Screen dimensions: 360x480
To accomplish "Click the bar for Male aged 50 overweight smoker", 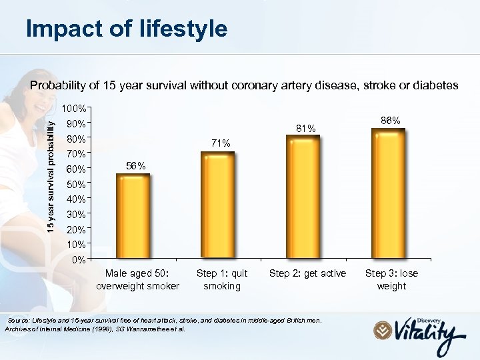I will point(133,216).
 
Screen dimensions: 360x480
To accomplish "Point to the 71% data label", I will point(221,143).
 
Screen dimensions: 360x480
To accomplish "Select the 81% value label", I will point(305,128).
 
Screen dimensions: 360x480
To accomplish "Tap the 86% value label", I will point(390,120).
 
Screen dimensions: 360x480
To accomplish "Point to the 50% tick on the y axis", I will point(75,183).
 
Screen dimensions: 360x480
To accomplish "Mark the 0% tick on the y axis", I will point(78,259).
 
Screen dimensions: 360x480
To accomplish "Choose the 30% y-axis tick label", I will point(75,214).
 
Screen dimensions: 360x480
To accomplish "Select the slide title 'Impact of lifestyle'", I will point(126,29).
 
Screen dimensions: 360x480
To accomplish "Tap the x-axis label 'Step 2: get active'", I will point(307,273).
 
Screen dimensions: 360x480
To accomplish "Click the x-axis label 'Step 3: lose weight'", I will point(391,279).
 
